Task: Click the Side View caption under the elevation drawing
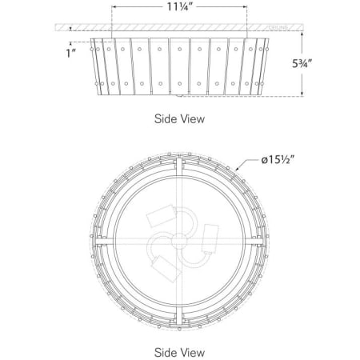[x=179, y=118]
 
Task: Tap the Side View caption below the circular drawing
[x=179, y=351]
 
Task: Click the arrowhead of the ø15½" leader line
[x=239, y=170]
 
